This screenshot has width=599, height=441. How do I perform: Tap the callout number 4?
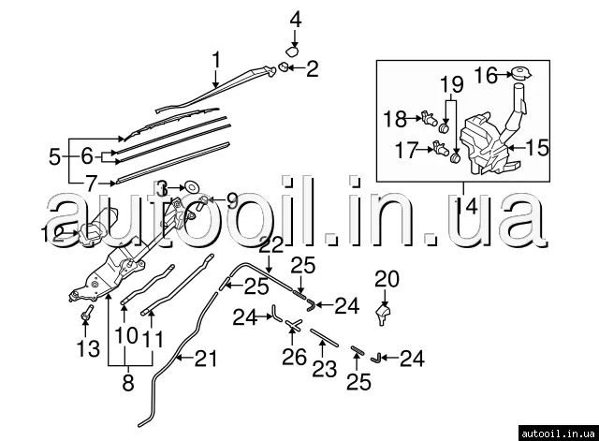click(296, 19)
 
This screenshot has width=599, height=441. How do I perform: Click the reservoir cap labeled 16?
click(517, 73)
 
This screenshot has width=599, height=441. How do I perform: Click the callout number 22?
click(271, 245)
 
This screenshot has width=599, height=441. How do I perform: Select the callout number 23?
click(324, 368)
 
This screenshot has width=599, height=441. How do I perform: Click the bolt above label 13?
click(86, 311)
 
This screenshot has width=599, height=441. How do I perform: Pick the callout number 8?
click(128, 382)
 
